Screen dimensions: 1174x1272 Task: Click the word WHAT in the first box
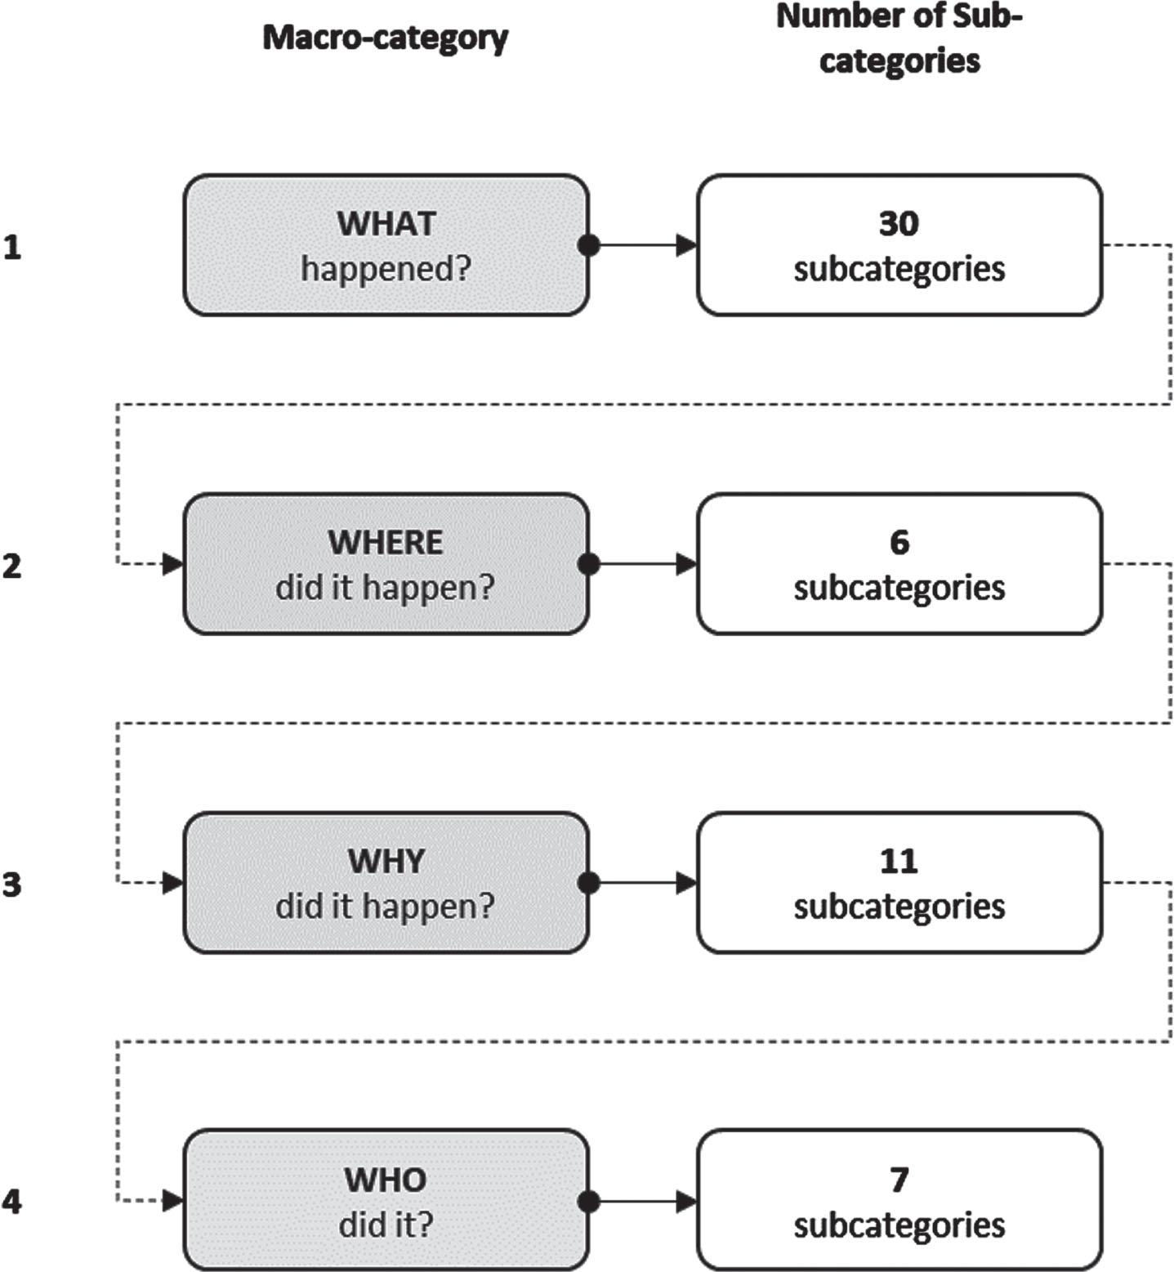click(386, 223)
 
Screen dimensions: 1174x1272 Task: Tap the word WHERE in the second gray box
click(386, 542)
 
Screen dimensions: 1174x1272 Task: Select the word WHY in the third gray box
click(386, 861)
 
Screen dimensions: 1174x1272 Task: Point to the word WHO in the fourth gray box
click(386, 1180)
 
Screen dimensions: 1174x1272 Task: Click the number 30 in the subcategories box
click(899, 223)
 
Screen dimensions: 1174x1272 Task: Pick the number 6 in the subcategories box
click(899, 542)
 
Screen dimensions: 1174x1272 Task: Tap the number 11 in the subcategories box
click(899, 861)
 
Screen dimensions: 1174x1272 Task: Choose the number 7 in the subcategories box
click(899, 1180)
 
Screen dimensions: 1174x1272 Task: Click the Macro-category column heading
click(386, 38)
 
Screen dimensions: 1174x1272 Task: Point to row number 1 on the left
click(11, 246)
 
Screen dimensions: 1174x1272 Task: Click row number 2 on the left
click(11, 565)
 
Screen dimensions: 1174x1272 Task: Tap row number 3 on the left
click(11, 884)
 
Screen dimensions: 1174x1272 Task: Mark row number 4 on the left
click(11, 1201)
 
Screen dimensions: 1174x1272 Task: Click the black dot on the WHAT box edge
click(588, 244)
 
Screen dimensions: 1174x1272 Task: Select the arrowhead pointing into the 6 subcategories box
click(687, 563)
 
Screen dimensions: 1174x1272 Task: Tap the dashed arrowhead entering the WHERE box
click(173, 563)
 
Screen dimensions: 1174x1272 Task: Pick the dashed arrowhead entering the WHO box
click(173, 1201)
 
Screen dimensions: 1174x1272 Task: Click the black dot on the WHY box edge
click(588, 882)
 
